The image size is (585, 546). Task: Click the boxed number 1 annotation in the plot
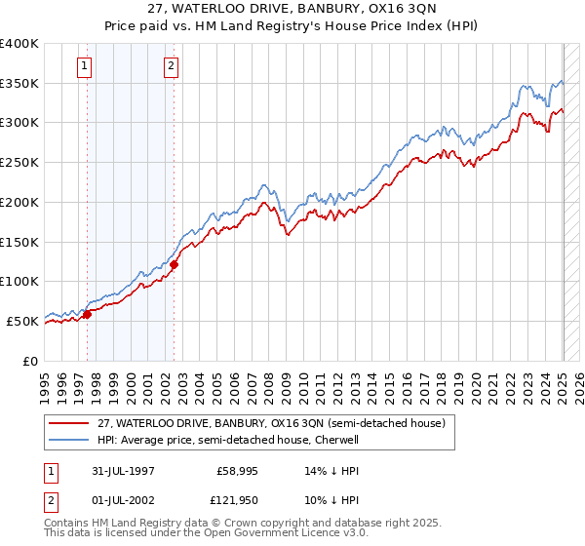85,66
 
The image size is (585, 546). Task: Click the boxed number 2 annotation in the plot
171,66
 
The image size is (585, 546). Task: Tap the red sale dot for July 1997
87,314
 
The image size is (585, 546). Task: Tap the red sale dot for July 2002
174,264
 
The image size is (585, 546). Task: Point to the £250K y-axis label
19,163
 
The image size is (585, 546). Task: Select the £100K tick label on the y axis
19,281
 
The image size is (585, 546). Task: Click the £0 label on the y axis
31,360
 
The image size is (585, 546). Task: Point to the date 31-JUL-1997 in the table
132,471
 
